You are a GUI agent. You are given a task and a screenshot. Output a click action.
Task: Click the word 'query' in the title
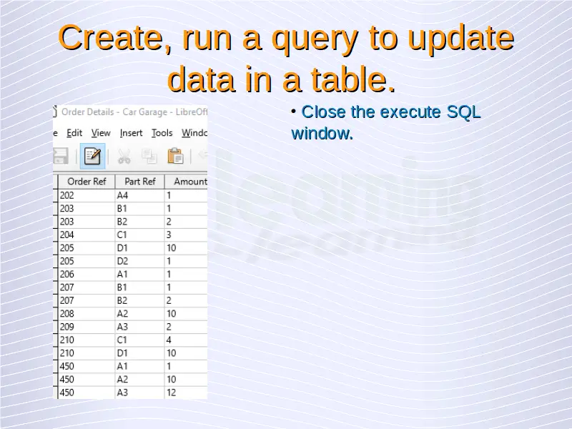315,39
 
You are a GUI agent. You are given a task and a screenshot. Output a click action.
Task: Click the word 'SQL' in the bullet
463,112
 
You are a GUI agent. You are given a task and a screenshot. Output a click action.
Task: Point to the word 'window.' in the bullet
322,133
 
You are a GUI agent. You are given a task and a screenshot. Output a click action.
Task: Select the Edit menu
74,133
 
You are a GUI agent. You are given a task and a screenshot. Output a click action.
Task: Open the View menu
101,133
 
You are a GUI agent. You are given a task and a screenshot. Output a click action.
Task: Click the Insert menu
131,133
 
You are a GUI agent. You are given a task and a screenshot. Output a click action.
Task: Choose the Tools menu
162,133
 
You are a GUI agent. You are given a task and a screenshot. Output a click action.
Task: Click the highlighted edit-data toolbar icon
92,156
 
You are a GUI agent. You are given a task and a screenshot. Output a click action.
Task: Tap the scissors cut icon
124,157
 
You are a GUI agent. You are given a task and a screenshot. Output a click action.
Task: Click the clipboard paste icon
175,156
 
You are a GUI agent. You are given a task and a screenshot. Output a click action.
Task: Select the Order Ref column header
87,182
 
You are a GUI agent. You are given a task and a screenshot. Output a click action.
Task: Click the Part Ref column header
139,182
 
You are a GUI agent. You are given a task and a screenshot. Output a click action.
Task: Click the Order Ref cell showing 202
87,195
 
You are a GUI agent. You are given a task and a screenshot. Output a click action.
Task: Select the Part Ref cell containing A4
139,195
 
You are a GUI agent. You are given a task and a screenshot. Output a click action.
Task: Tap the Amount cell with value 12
186,393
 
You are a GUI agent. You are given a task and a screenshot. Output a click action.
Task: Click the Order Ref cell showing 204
87,235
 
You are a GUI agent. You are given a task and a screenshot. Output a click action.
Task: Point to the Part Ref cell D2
139,261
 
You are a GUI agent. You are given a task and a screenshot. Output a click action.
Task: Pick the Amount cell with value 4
186,340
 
